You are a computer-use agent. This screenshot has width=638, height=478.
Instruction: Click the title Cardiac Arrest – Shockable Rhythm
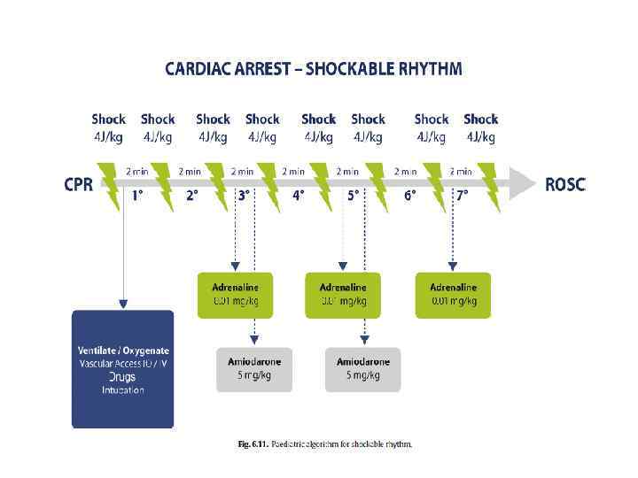pos(313,69)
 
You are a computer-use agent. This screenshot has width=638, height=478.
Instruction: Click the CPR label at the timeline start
pos(79,186)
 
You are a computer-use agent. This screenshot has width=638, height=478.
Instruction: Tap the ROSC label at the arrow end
pos(564,186)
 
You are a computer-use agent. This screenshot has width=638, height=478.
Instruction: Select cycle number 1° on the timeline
pos(137,196)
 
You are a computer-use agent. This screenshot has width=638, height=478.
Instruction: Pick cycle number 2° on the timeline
pos(191,196)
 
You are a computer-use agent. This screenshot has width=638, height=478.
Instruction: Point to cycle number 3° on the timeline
pos(245,196)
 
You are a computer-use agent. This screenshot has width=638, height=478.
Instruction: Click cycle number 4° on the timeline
pos(299,196)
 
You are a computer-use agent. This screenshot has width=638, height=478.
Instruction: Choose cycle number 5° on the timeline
pos(353,196)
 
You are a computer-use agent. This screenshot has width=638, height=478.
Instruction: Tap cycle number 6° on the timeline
pos(409,196)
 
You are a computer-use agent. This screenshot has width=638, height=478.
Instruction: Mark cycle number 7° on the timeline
pos(463,196)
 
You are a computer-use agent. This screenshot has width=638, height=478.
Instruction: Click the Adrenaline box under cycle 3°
pos(235,295)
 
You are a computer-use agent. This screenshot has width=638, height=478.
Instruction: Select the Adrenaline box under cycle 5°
pos(343,295)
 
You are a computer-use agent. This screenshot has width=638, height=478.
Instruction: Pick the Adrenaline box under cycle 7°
pos(453,295)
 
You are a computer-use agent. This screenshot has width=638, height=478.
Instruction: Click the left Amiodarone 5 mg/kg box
pos(254,368)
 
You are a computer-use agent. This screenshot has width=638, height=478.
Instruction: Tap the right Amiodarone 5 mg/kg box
pos(363,368)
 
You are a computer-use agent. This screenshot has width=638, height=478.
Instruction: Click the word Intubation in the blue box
pos(122,390)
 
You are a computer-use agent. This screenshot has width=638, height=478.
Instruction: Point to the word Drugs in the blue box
pos(122,377)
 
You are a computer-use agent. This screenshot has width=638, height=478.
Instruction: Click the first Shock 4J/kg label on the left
pos(108,127)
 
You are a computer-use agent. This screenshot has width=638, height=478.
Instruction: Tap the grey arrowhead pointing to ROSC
pos(524,184)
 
